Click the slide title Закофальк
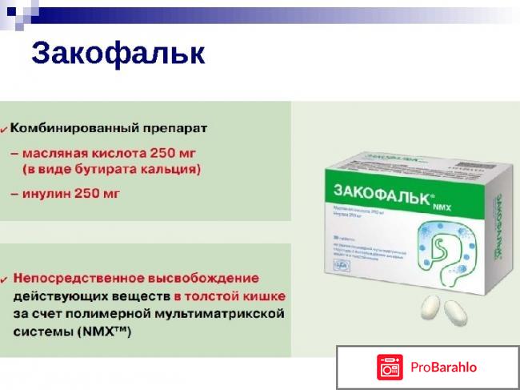[x=118, y=54]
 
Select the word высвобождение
[x=210, y=278]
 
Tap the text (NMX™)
[x=105, y=331]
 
